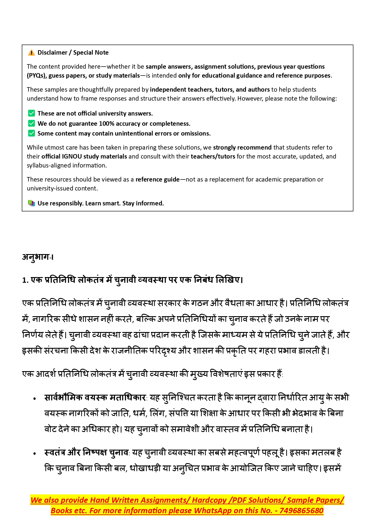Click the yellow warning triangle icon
(x=31, y=53)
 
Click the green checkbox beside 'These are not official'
(x=31, y=113)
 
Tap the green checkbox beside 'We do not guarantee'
(x=31, y=124)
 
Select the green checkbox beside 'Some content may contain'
(x=31, y=133)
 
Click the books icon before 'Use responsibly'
(x=31, y=203)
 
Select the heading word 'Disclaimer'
(x=52, y=53)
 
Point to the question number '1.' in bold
(x=25, y=280)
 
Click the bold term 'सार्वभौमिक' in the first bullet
(x=63, y=398)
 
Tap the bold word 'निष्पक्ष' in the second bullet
(x=95, y=453)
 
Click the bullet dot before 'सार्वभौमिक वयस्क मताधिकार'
(x=35, y=399)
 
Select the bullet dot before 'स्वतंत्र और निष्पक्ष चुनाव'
(x=35, y=454)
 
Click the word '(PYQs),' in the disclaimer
(x=37, y=76)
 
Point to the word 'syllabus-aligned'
(x=48, y=165)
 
